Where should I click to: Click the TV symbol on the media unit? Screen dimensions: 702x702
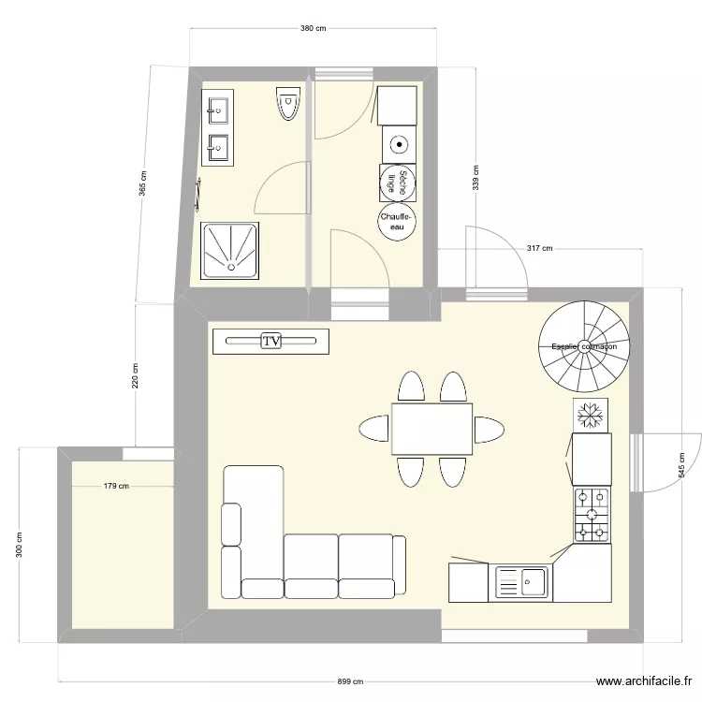[x=271, y=341]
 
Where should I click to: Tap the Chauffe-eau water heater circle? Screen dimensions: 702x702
[x=396, y=222]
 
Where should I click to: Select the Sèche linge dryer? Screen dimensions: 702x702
[x=398, y=183]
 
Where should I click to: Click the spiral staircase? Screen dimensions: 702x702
[x=584, y=346]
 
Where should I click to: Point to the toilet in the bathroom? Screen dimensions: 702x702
[x=288, y=103]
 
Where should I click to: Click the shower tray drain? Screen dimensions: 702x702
[x=231, y=268]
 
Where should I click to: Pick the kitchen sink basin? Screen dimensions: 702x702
[x=533, y=582]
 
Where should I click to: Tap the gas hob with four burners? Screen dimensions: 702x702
[x=592, y=516]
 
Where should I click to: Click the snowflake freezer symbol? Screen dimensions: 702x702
[x=590, y=416]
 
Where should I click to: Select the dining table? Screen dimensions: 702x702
[x=432, y=429]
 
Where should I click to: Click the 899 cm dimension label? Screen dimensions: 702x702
[x=350, y=681]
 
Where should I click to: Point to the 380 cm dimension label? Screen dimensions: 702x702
[x=313, y=28]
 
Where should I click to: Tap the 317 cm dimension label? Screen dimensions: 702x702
[x=539, y=248]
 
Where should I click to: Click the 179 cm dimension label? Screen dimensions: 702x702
[x=116, y=486]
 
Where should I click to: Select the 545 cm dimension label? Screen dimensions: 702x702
[x=681, y=465]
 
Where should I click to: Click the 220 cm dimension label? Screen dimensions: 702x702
[x=135, y=375]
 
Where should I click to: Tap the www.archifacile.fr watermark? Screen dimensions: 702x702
[x=644, y=681]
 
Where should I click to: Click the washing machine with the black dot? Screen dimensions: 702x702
[x=399, y=144]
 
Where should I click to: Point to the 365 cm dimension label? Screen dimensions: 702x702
[x=143, y=183]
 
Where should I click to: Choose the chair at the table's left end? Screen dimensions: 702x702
[x=373, y=429]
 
